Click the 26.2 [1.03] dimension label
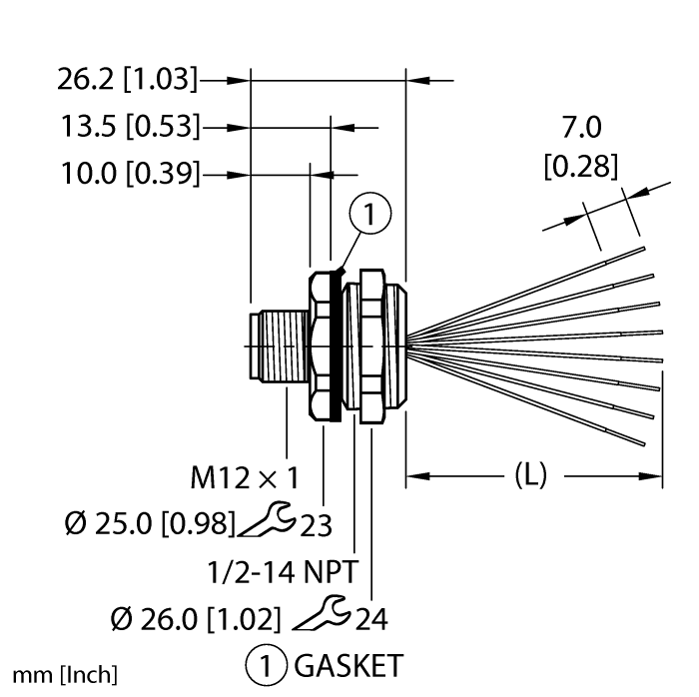point(127,79)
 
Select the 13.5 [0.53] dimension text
point(130,126)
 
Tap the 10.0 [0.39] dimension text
point(130,174)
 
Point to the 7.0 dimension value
point(581,127)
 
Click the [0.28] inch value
point(581,166)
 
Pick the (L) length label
point(530,474)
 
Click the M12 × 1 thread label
point(245,477)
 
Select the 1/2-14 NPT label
point(283,571)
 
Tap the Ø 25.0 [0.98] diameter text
point(150,523)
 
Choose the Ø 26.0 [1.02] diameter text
point(196,619)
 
